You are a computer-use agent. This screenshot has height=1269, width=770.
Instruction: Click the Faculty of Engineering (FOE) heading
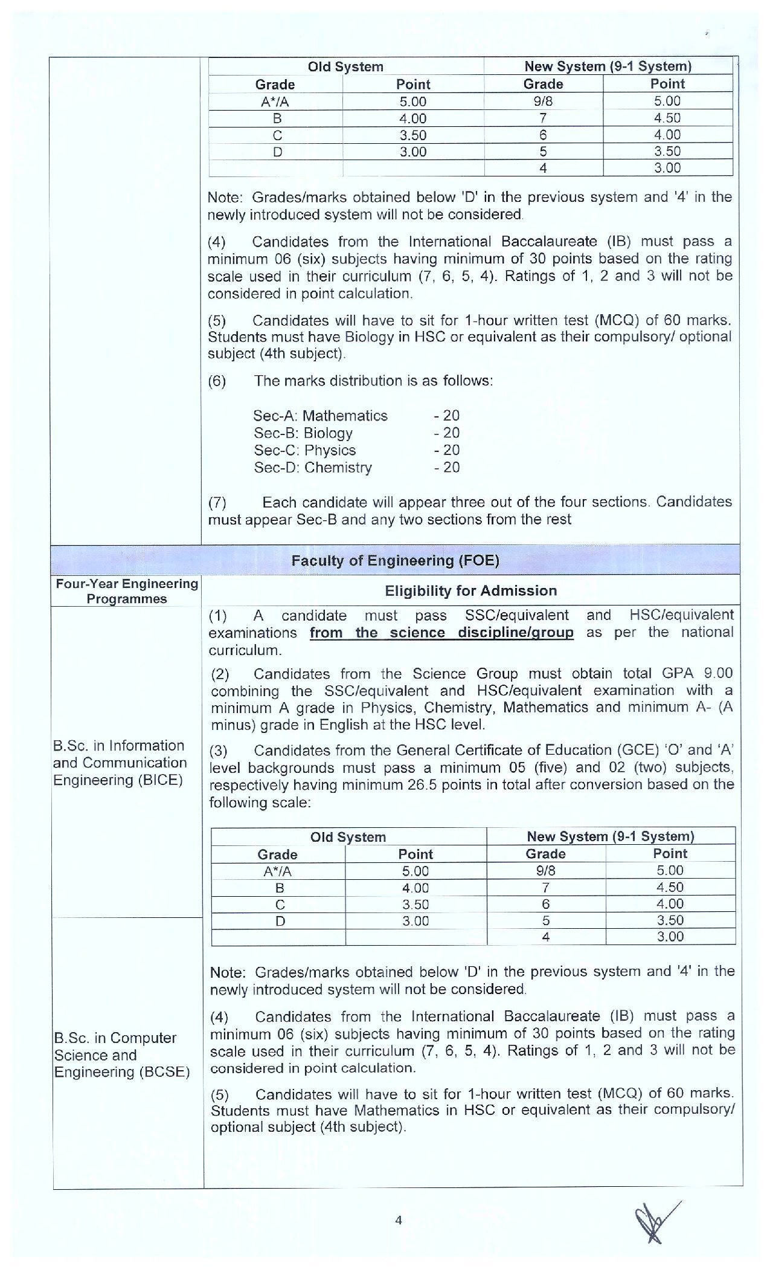(x=395, y=560)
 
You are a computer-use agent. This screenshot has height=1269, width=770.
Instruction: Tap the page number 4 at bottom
(x=398, y=1219)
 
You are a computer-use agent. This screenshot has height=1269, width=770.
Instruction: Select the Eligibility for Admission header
(x=470, y=590)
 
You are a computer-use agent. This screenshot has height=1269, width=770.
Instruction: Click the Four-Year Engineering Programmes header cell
(x=127, y=591)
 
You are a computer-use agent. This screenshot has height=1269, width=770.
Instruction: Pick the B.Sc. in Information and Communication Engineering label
(x=120, y=763)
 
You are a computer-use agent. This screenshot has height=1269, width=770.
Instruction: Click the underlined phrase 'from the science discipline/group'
(x=441, y=633)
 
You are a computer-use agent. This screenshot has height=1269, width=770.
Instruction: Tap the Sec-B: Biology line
(x=303, y=433)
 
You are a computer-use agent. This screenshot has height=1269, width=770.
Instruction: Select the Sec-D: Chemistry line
(x=313, y=467)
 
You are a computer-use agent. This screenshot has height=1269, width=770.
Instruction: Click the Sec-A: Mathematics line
(x=320, y=416)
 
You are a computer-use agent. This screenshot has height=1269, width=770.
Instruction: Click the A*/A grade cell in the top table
(x=275, y=102)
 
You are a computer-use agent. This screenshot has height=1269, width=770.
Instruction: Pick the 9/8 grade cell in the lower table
(x=545, y=871)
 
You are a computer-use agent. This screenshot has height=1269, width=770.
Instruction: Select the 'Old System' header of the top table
(x=345, y=66)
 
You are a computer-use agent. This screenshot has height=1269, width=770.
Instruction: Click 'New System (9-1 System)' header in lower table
(x=610, y=836)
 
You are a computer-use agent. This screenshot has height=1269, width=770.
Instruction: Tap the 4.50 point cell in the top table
(x=667, y=118)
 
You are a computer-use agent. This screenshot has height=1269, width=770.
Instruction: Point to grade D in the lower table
(x=280, y=922)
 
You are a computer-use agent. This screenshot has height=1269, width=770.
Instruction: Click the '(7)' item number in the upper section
(x=217, y=503)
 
